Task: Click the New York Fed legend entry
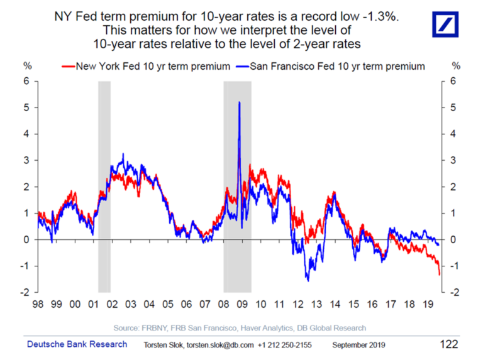[144, 66]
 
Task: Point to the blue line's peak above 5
[239, 102]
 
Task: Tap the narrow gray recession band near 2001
[104, 187]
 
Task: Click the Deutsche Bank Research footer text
[77, 344]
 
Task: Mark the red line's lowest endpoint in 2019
[438, 274]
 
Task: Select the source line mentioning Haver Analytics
[240, 328]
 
